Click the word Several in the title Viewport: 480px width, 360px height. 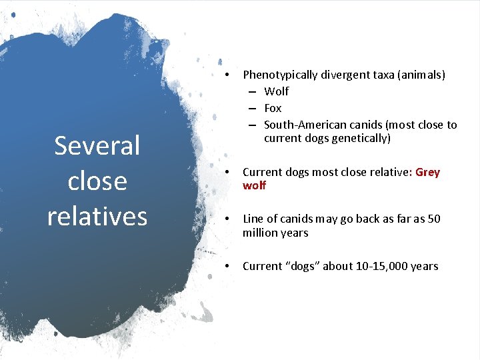[97, 146]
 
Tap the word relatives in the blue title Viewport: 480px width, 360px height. [97, 216]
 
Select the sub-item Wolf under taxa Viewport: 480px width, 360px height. [277, 91]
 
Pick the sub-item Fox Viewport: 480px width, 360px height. [273, 108]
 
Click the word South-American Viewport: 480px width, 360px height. [302, 125]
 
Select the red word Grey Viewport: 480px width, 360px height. [427, 173]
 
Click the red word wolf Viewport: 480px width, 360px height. [254, 186]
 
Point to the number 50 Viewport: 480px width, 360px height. [433, 219]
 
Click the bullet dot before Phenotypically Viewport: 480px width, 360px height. [227, 75]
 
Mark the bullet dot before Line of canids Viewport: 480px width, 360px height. [227, 219]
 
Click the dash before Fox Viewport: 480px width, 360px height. [254, 108]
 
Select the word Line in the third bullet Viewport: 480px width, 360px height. [253, 219]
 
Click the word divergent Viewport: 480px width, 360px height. [341, 75]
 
